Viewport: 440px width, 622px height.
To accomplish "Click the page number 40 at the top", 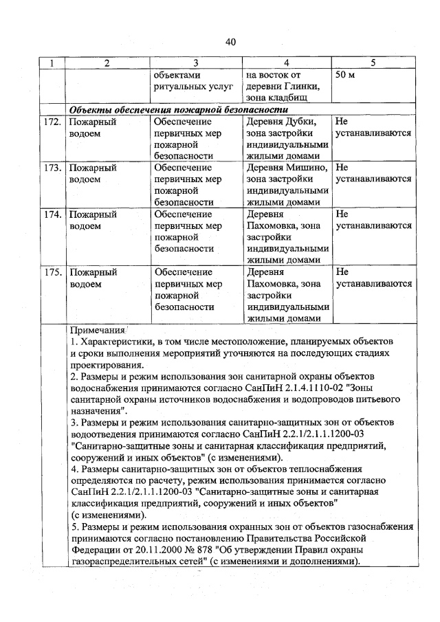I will point(230,42).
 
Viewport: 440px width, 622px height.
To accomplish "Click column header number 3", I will point(195,63).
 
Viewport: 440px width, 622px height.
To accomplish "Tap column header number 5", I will point(372,63).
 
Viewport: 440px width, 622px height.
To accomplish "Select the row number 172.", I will point(53,121).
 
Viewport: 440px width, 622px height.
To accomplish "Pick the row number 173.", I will point(53,168).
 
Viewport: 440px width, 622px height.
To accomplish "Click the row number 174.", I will point(53,214).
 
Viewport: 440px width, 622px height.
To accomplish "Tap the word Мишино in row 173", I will point(302,168).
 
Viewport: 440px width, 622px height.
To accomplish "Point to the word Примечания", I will point(97,331).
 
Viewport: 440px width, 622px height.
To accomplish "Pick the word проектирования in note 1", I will point(108,365).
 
